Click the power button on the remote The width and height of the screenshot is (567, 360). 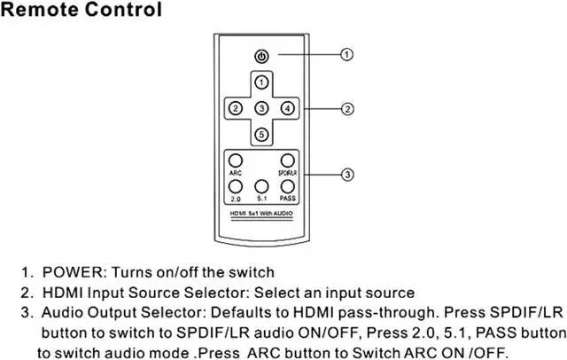[x=260, y=56]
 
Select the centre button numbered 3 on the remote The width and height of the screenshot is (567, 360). [x=260, y=108]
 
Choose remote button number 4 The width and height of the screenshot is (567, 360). [x=286, y=108]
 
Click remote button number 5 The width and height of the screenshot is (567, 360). [x=260, y=134]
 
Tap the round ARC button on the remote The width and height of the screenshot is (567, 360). [x=237, y=160]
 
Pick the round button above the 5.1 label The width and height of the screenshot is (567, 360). [x=261, y=185]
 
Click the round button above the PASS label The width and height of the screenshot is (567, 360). [x=286, y=185]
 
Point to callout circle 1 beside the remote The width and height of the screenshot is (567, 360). [x=347, y=55]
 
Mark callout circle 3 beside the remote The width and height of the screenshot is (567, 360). [x=347, y=173]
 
